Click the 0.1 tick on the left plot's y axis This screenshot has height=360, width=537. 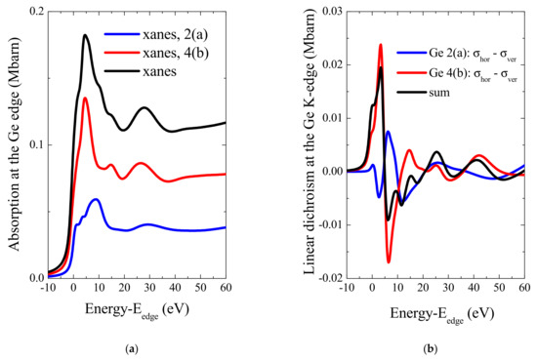[33, 144]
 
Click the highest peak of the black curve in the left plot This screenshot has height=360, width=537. [86, 36]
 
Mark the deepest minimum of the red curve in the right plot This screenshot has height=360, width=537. [389, 261]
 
